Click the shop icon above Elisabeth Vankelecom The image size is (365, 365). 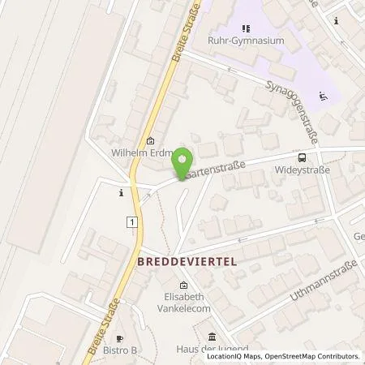click(x=182, y=285)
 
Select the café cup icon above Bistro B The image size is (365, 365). click(x=121, y=337)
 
